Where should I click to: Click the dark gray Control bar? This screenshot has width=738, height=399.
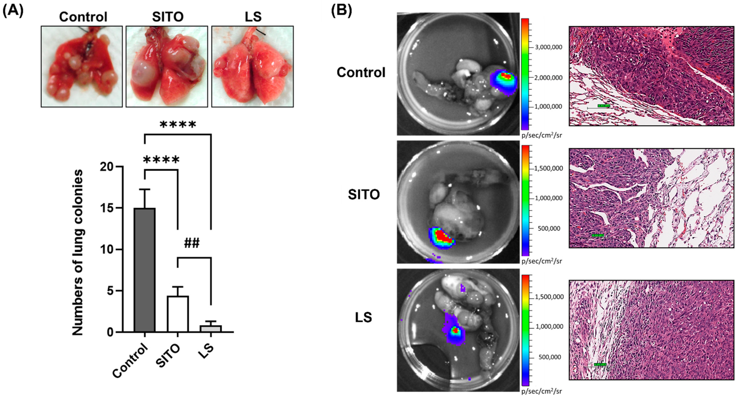point(145,270)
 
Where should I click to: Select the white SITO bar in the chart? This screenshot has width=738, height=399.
point(178,314)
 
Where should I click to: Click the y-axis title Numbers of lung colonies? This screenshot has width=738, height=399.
point(77,252)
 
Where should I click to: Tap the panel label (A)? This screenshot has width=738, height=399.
point(13,11)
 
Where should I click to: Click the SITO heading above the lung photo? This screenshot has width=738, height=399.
point(168,17)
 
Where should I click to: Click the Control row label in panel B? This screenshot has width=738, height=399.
point(361,72)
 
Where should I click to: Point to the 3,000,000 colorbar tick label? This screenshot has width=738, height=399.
point(548,47)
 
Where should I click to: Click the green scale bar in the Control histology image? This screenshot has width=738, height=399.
point(604,106)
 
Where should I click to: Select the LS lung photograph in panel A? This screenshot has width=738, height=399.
point(252,66)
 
